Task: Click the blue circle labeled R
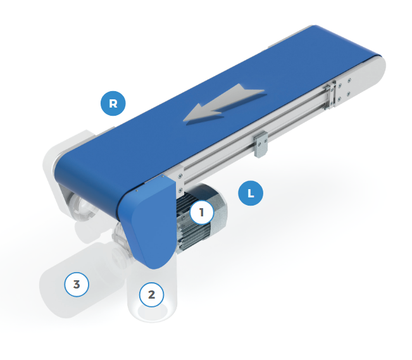click(113, 103)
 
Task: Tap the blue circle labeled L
click(251, 193)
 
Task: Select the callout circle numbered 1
click(201, 213)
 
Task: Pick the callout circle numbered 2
click(151, 295)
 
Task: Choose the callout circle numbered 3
click(77, 284)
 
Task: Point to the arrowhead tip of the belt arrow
click(184, 121)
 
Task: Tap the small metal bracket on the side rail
click(260, 144)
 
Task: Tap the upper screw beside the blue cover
click(180, 177)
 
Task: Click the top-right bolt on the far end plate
click(349, 80)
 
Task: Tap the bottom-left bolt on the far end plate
click(339, 99)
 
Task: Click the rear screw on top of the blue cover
click(163, 176)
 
